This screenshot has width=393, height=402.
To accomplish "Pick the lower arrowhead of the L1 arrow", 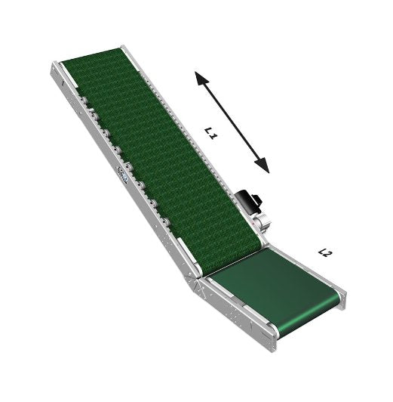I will click(262, 165).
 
